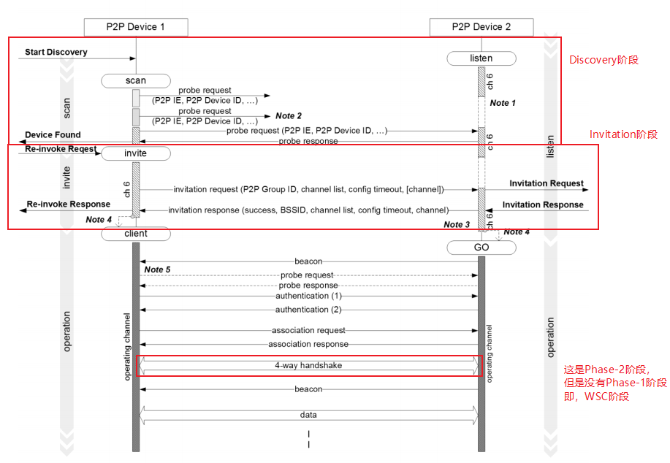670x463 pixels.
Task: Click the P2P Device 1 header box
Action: pos(136,27)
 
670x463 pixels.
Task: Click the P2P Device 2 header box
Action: pos(481,27)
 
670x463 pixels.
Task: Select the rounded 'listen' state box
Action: pos(481,58)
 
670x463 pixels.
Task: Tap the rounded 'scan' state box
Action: pos(136,80)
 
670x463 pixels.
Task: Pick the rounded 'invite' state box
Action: pos(136,153)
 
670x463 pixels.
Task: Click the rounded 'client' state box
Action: pos(136,234)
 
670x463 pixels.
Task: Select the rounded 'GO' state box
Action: pos(481,248)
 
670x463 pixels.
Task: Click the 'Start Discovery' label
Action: pos(56,53)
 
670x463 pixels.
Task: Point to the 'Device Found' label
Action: pos(53,135)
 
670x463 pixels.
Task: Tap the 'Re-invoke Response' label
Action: pos(69,204)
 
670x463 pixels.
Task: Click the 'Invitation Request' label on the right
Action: pos(546,184)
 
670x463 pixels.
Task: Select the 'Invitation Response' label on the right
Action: pos(542,205)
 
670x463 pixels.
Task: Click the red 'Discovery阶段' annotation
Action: pos(604,60)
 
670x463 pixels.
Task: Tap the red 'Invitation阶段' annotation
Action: pos(623,134)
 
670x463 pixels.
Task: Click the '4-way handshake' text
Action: pos(308,365)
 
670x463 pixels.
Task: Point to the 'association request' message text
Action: pos(308,331)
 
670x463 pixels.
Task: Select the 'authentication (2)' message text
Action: pos(308,310)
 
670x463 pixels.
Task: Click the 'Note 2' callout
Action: pos(289,116)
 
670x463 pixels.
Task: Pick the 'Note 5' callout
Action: pos(157,270)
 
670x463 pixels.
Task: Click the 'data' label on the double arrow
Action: pos(308,415)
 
